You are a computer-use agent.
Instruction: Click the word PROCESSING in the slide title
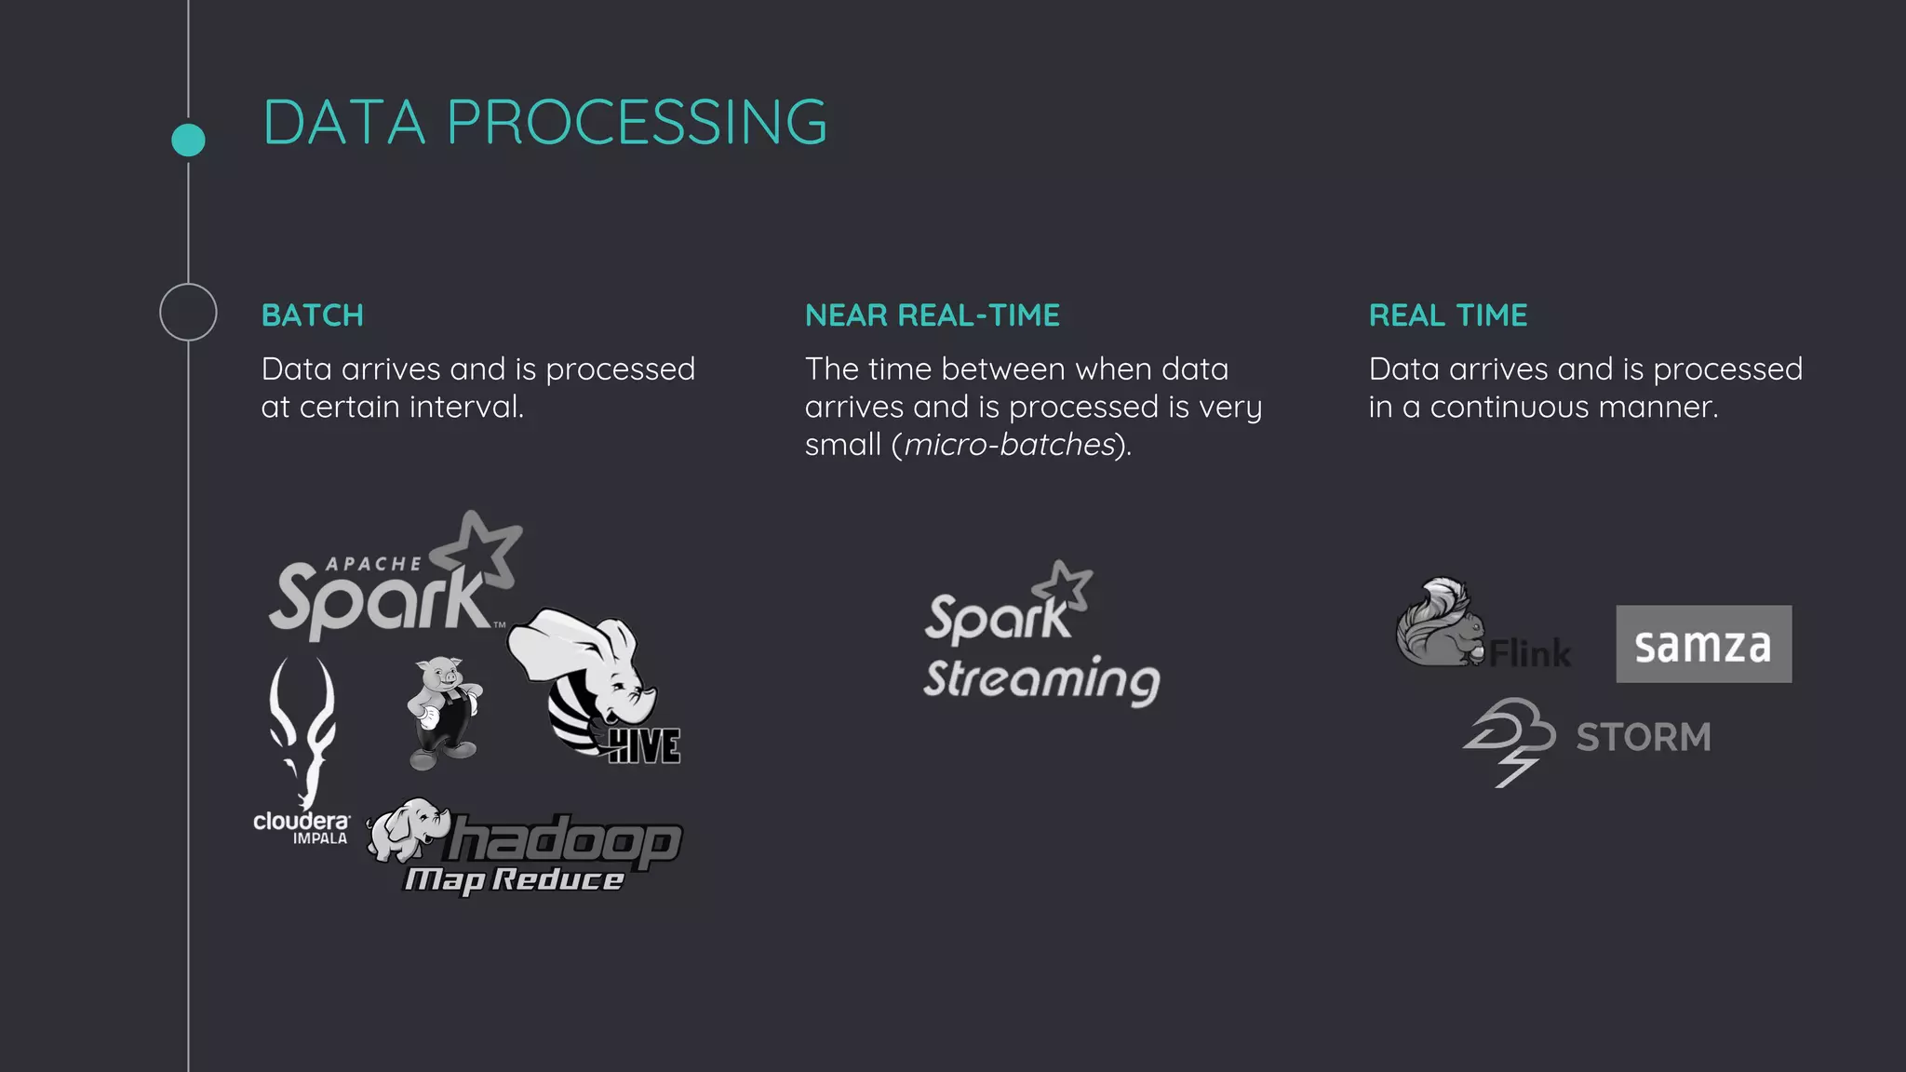637,122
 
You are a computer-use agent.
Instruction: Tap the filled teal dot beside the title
188,140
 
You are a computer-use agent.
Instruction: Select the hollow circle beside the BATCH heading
188,312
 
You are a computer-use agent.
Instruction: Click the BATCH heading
313,315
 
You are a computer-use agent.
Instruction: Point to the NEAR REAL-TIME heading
932,315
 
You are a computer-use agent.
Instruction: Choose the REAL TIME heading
1447,315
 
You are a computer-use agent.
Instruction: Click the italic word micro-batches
1009,445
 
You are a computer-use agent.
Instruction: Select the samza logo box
1703,644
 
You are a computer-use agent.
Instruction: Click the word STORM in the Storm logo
1644,737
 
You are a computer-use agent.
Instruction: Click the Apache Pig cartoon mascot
444,712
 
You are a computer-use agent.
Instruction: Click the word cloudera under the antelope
302,821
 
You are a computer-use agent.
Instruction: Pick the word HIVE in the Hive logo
644,745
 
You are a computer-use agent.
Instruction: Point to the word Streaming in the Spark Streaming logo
1041,679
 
